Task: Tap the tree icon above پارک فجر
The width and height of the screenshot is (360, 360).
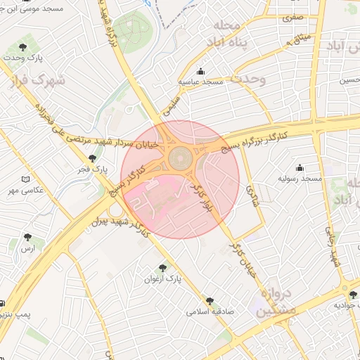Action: (x=92, y=158)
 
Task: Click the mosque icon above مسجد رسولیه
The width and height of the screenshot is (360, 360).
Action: (x=300, y=167)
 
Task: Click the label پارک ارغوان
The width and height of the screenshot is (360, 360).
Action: (x=164, y=278)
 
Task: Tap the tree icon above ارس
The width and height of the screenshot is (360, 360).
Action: (x=27, y=238)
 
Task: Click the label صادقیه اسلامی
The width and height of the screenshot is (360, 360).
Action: (x=210, y=311)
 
